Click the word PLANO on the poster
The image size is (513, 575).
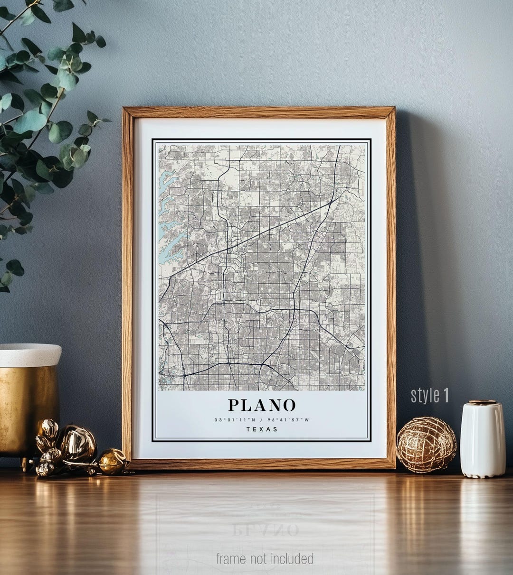(262, 405)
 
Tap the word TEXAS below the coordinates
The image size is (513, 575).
(262, 429)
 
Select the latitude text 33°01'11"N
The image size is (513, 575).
(235, 419)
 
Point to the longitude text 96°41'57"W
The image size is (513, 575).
(288, 419)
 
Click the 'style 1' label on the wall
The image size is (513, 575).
(429, 395)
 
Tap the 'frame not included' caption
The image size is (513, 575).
(265, 558)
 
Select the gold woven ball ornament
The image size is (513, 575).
(426, 445)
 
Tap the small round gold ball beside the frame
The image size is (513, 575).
(112, 461)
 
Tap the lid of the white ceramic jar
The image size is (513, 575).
(482, 403)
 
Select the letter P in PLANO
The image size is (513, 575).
(233, 405)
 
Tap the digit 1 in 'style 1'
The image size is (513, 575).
(446, 395)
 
